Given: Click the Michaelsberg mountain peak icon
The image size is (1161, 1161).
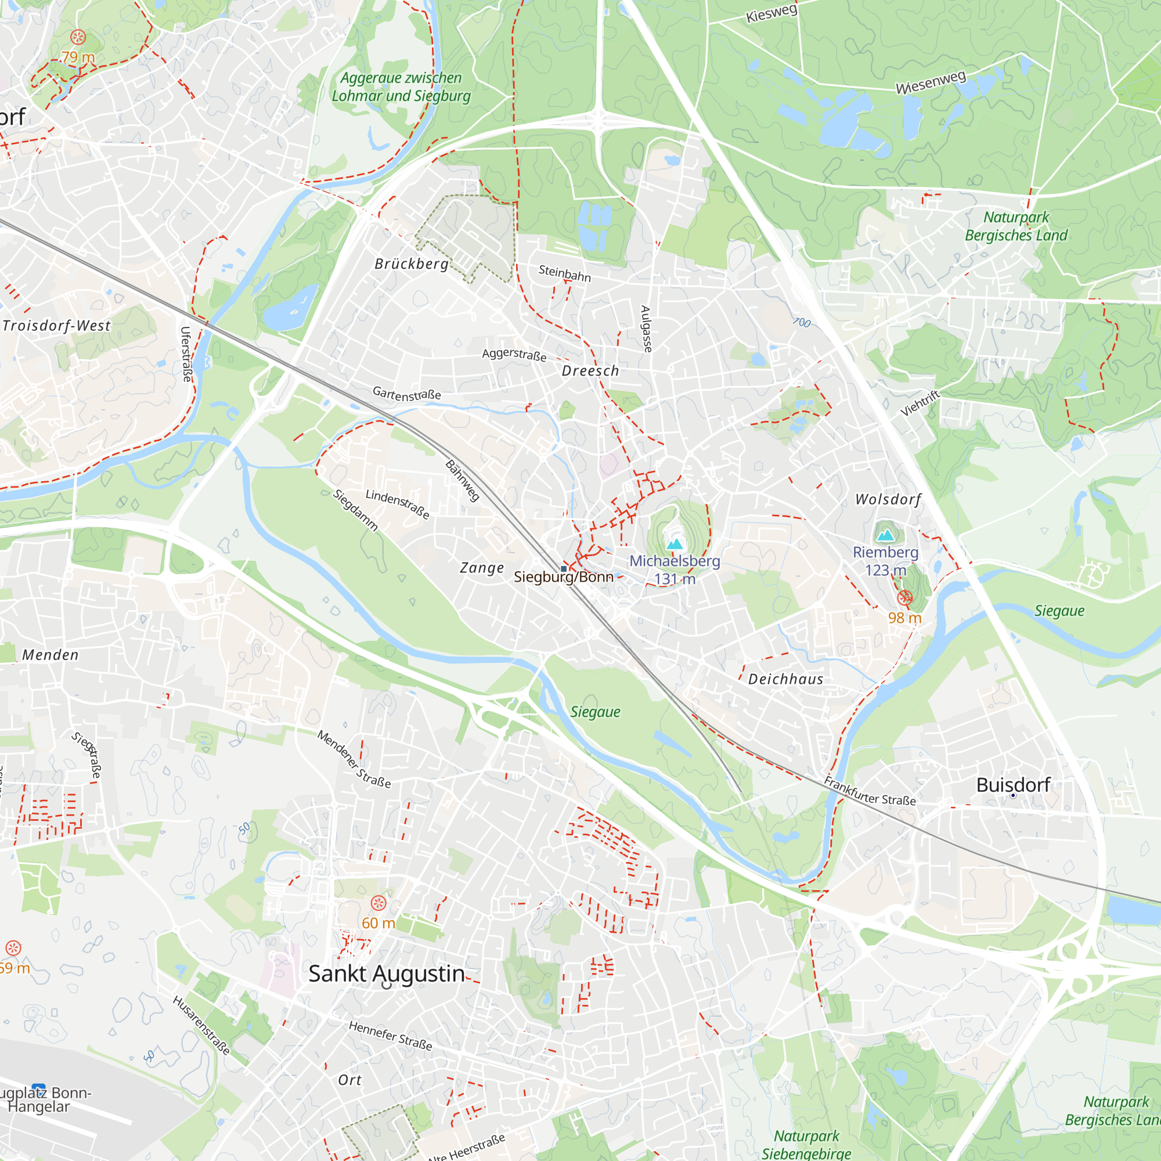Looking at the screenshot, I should tap(675, 545).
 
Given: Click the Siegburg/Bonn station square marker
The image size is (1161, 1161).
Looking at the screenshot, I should tap(564, 568).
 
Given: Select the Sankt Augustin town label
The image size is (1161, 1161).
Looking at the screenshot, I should tap(387, 974).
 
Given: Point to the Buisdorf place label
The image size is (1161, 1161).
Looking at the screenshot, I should tap(1013, 785).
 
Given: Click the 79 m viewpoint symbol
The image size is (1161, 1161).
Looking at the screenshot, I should tap(78, 37).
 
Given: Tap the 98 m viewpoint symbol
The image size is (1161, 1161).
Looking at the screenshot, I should tap(905, 597).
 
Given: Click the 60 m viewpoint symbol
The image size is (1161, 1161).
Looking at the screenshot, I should tap(378, 903).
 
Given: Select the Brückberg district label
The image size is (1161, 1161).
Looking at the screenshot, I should tap(412, 264).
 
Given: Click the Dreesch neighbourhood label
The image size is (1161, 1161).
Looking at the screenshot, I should tap(590, 371).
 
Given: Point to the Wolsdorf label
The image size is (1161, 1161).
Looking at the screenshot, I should tap(888, 499).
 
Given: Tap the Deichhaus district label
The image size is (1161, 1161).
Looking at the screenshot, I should tap(785, 679).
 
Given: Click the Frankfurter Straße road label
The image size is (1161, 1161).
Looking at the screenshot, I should tap(870, 791).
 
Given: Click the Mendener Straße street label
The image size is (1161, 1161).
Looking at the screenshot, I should tap(354, 759).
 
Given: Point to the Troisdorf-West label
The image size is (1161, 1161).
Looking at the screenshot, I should tap(56, 326).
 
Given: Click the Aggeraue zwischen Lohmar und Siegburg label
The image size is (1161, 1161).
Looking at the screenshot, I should tap(401, 86).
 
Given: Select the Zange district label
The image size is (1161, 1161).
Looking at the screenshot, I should tap(482, 568).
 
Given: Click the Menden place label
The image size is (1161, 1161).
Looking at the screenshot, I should tap(51, 655).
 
